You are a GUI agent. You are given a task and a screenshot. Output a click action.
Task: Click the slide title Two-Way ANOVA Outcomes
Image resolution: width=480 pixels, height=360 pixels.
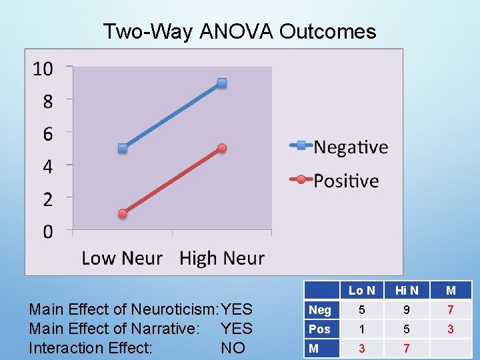pos(239,31)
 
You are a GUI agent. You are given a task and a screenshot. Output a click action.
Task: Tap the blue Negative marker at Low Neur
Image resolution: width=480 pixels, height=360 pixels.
pos(123,148)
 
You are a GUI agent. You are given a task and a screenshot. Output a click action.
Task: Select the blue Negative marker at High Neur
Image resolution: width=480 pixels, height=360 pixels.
pos(222,83)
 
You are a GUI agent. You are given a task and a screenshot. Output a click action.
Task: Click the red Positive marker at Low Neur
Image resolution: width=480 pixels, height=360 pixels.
pos(123,213)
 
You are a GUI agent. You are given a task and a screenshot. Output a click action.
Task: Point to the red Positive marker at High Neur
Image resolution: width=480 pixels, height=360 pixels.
pos(222,148)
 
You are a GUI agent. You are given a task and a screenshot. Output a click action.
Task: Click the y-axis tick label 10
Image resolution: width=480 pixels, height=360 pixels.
pos(43,69)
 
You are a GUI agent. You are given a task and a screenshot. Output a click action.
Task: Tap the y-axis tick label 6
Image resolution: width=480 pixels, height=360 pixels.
pos(47,134)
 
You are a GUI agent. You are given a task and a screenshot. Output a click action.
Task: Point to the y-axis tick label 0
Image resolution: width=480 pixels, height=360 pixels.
pos(47,232)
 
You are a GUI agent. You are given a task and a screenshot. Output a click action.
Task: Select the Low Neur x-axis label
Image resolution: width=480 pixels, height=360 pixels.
pos(122,258)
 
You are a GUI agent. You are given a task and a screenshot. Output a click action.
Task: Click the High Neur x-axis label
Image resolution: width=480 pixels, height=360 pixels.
pos(222,258)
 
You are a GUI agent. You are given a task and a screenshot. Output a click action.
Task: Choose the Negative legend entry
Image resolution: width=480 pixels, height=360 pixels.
pos(350,147)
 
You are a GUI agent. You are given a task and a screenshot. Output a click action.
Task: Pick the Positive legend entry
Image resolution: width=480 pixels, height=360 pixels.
pos(346,181)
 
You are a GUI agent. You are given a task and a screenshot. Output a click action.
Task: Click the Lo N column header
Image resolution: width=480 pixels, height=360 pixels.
pos(362,291)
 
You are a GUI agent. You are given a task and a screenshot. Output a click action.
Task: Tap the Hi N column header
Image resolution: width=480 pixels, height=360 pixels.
pos(407,291)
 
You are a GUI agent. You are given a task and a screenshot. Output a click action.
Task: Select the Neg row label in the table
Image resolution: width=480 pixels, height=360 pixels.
pos(320,310)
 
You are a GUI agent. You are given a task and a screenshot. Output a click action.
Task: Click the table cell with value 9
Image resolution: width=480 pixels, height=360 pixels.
pos(407,310)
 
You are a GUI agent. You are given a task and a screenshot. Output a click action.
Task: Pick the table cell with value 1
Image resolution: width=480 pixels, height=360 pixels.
pos(362,329)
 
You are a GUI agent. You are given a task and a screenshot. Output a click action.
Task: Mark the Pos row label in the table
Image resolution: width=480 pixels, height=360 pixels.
pos(320,329)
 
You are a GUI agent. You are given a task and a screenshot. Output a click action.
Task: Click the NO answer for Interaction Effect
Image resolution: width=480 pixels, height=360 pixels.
pos(233,348)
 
